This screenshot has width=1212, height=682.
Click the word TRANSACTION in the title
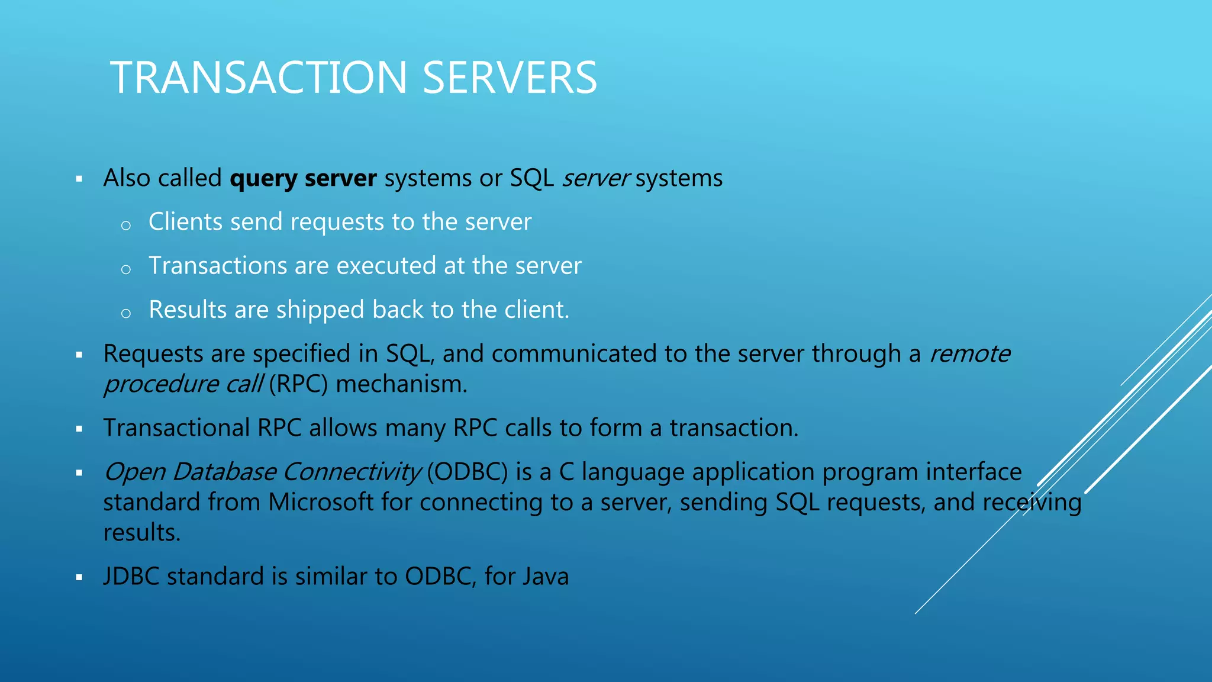click(259, 78)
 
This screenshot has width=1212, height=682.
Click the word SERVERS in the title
click(510, 78)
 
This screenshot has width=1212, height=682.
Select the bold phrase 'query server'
click(303, 178)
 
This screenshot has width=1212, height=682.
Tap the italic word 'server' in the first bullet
click(595, 178)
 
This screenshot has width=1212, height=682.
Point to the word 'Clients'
click(185, 222)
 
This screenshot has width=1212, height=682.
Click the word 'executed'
click(386, 266)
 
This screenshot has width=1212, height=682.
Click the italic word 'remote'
click(969, 353)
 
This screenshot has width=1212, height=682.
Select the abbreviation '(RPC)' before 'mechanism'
click(298, 384)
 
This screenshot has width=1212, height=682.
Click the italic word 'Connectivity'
click(352, 472)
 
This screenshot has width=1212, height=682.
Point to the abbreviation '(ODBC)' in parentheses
click(468, 472)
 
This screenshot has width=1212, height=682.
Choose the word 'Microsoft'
click(321, 502)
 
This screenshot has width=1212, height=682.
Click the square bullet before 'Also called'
click(79, 179)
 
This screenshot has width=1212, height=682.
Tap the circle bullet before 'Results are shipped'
click(125, 313)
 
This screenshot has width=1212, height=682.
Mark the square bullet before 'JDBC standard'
click(79, 577)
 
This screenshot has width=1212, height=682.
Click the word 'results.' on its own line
click(142, 533)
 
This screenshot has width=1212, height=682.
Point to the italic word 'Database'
click(224, 472)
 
